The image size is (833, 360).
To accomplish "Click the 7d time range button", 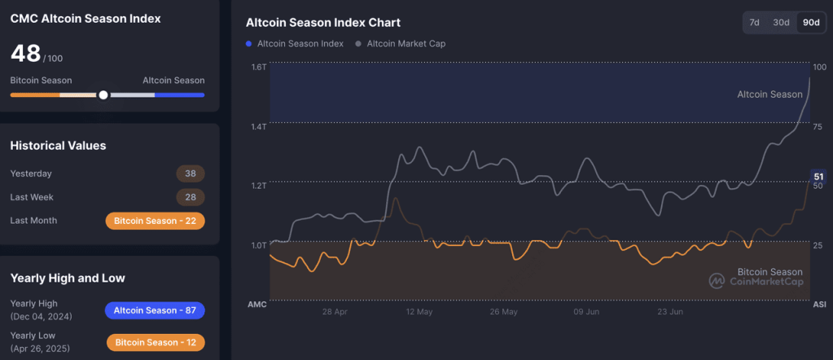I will pos(754,23).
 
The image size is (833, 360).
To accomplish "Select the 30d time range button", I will pos(781,23).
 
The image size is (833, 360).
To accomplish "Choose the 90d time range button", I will pos(810,23).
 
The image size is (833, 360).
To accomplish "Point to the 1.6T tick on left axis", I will pos(258,67).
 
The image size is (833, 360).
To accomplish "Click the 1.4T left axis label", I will pos(258,126).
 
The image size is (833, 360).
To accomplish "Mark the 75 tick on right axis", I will pos(818,126).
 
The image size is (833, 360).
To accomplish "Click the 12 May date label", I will pos(419,311).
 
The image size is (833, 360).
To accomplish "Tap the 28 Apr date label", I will pos(335,311).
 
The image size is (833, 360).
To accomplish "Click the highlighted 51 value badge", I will pos(818,177).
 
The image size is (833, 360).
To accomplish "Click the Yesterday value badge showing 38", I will pos(190,173).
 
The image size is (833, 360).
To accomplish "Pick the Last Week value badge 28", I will pos(190,197).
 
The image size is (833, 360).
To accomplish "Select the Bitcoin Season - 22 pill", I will pos(155,221).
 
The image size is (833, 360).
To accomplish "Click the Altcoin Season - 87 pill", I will pos(155,310).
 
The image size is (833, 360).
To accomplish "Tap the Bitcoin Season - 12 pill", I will pos(155,342).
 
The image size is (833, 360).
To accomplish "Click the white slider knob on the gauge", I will pos(103,95).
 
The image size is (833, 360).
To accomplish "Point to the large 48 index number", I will pos(25,54).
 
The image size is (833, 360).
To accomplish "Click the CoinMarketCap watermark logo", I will pos(717,281).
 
